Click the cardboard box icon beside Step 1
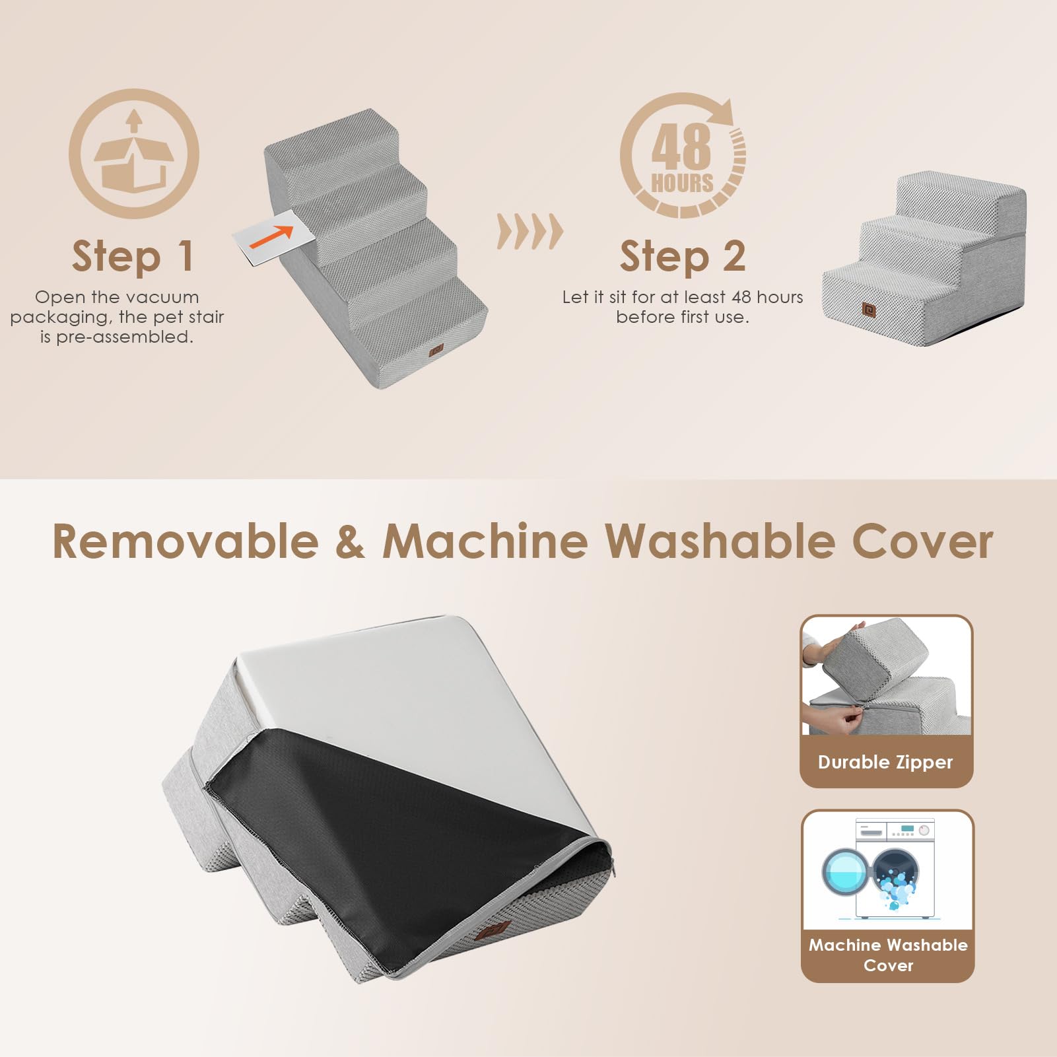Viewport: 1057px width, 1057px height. click(x=134, y=153)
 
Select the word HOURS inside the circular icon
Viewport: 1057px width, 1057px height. click(x=682, y=183)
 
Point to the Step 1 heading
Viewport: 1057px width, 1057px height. click(x=133, y=256)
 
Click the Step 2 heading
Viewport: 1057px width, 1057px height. click(x=682, y=256)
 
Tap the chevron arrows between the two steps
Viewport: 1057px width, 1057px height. click(x=529, y=232)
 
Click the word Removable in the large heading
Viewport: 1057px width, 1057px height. click(x=186, y=541)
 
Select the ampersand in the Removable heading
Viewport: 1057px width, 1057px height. click(x=350, y=541)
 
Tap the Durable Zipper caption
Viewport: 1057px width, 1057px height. click(x=885, y=762)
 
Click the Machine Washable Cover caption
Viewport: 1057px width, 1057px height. click(x=888, y=955)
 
